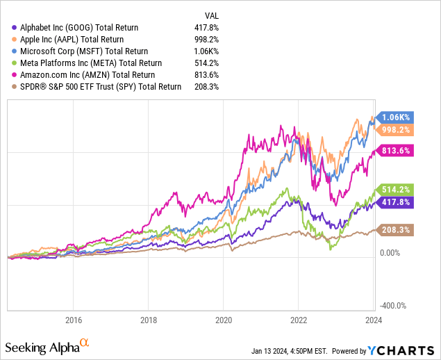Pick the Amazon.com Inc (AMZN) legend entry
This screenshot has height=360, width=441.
(88, 74)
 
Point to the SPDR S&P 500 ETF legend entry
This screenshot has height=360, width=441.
(97, 86)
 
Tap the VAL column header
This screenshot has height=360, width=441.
(213, 15)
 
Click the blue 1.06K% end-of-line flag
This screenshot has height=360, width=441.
(397, 117)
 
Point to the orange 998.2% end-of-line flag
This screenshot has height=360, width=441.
(397, 130)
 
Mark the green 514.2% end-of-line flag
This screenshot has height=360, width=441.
(397, 189)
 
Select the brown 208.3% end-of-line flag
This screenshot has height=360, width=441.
(397, 229)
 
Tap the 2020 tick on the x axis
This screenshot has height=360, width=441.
(223, 320)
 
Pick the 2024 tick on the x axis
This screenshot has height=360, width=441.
(373, 320)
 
